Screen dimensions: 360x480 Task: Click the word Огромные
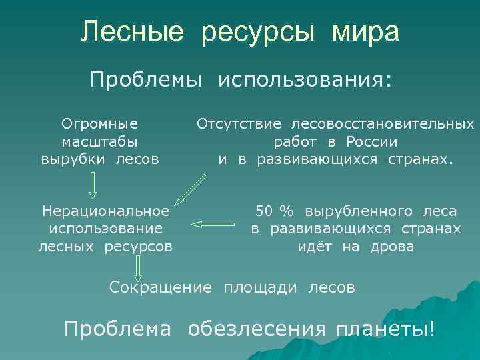pos(100,123)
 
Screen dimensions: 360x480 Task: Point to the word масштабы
pos(100,141)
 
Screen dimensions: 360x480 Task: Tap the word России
pos(372,141)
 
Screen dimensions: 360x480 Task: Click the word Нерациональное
pos(105,211)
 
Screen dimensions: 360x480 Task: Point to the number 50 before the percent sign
pos(264,211)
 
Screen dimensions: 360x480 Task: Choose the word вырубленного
pos(360,211)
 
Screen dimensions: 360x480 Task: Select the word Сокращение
pos(160,287)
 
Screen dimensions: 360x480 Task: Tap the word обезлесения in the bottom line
pos(257,329)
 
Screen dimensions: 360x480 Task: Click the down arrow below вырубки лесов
pos(93,185)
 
